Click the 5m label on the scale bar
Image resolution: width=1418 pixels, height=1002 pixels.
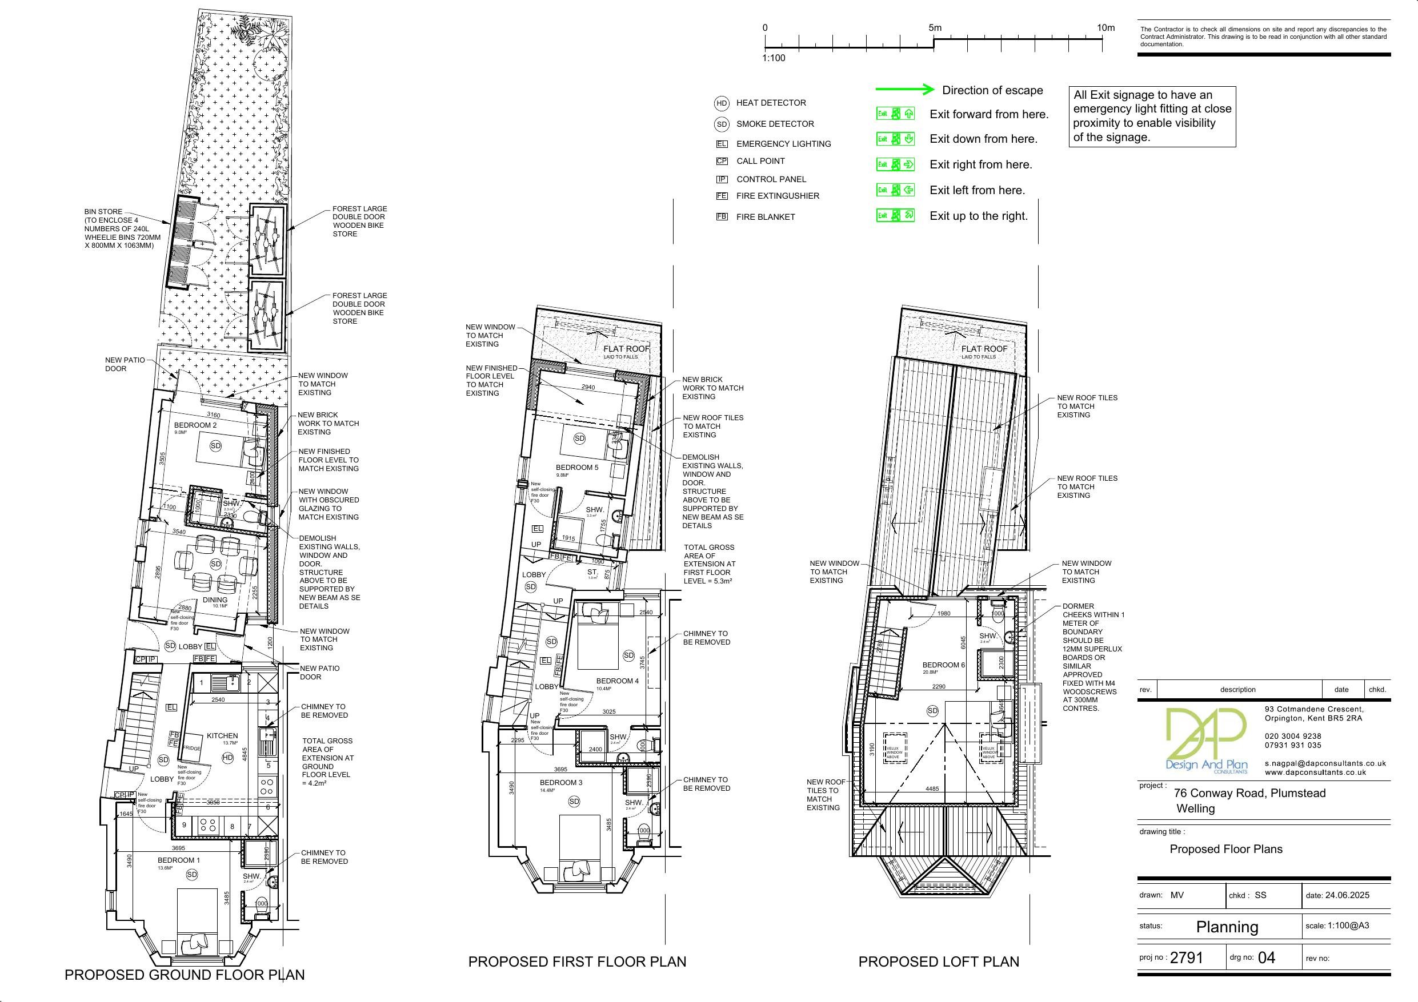pos(935,28)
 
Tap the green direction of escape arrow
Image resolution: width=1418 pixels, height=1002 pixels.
pos(905,90)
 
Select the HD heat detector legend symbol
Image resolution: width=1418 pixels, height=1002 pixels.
pos(722,104)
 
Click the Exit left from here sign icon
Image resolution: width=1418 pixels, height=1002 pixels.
pos(895,190)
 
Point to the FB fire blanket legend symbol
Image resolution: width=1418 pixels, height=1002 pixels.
pos(722,217)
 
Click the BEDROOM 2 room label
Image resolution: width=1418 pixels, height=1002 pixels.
pos(195,425)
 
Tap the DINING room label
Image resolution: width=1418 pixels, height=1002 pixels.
pos(215,599)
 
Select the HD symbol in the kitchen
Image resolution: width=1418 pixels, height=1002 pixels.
pos(227,757)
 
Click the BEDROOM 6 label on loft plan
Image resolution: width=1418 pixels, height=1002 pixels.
pos(943,665)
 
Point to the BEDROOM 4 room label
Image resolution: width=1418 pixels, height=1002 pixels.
pos(617,681)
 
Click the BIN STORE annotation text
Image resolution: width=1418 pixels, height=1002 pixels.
pos(103,212)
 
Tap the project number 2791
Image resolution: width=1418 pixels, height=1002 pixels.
pos(1187,957)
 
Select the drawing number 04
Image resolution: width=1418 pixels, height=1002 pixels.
pos(1266,957)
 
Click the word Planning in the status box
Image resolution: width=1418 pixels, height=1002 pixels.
pos(1227,927)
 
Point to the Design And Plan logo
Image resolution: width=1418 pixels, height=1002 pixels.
pos(1205,741)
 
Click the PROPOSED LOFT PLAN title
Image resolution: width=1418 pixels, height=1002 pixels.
pos(938,961)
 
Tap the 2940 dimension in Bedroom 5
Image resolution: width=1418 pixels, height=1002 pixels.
pos(588,387)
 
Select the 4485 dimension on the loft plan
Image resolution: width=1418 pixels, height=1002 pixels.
pos(932,788)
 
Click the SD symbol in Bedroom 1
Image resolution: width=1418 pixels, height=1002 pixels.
pos(191,874)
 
